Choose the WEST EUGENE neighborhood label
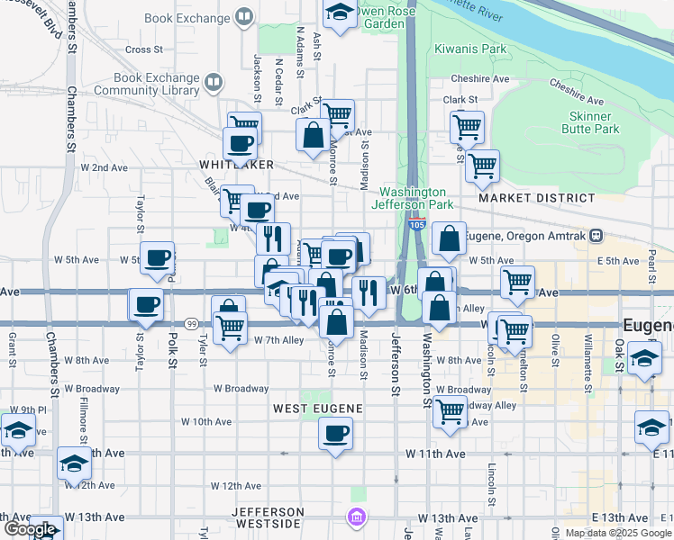(319, 409)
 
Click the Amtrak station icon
(596, 236)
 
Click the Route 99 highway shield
(191, 323)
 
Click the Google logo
(30, 529)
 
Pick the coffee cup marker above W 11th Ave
(336, 435)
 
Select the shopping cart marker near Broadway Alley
(450, 411)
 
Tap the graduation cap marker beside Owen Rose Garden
(339, 13)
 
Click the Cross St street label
(143, 50)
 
